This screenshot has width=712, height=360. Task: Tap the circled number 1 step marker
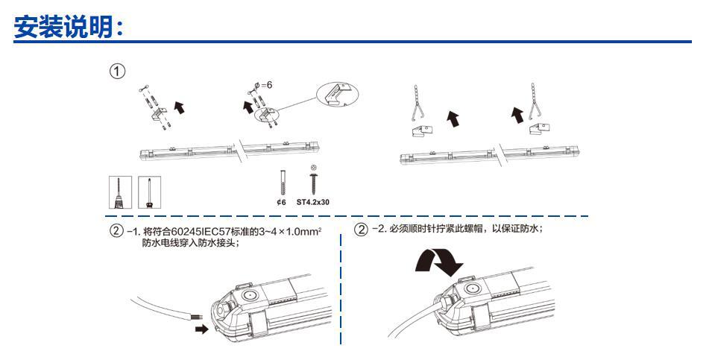[117, 72]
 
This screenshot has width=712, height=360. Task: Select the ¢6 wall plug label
[280, 200]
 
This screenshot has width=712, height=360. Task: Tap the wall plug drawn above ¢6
[280, 181]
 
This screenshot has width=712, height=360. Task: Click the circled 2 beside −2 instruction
[361, 230]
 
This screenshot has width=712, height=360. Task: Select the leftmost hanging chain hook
[418, 104]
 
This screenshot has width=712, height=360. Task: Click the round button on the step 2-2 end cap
[472, 288]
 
